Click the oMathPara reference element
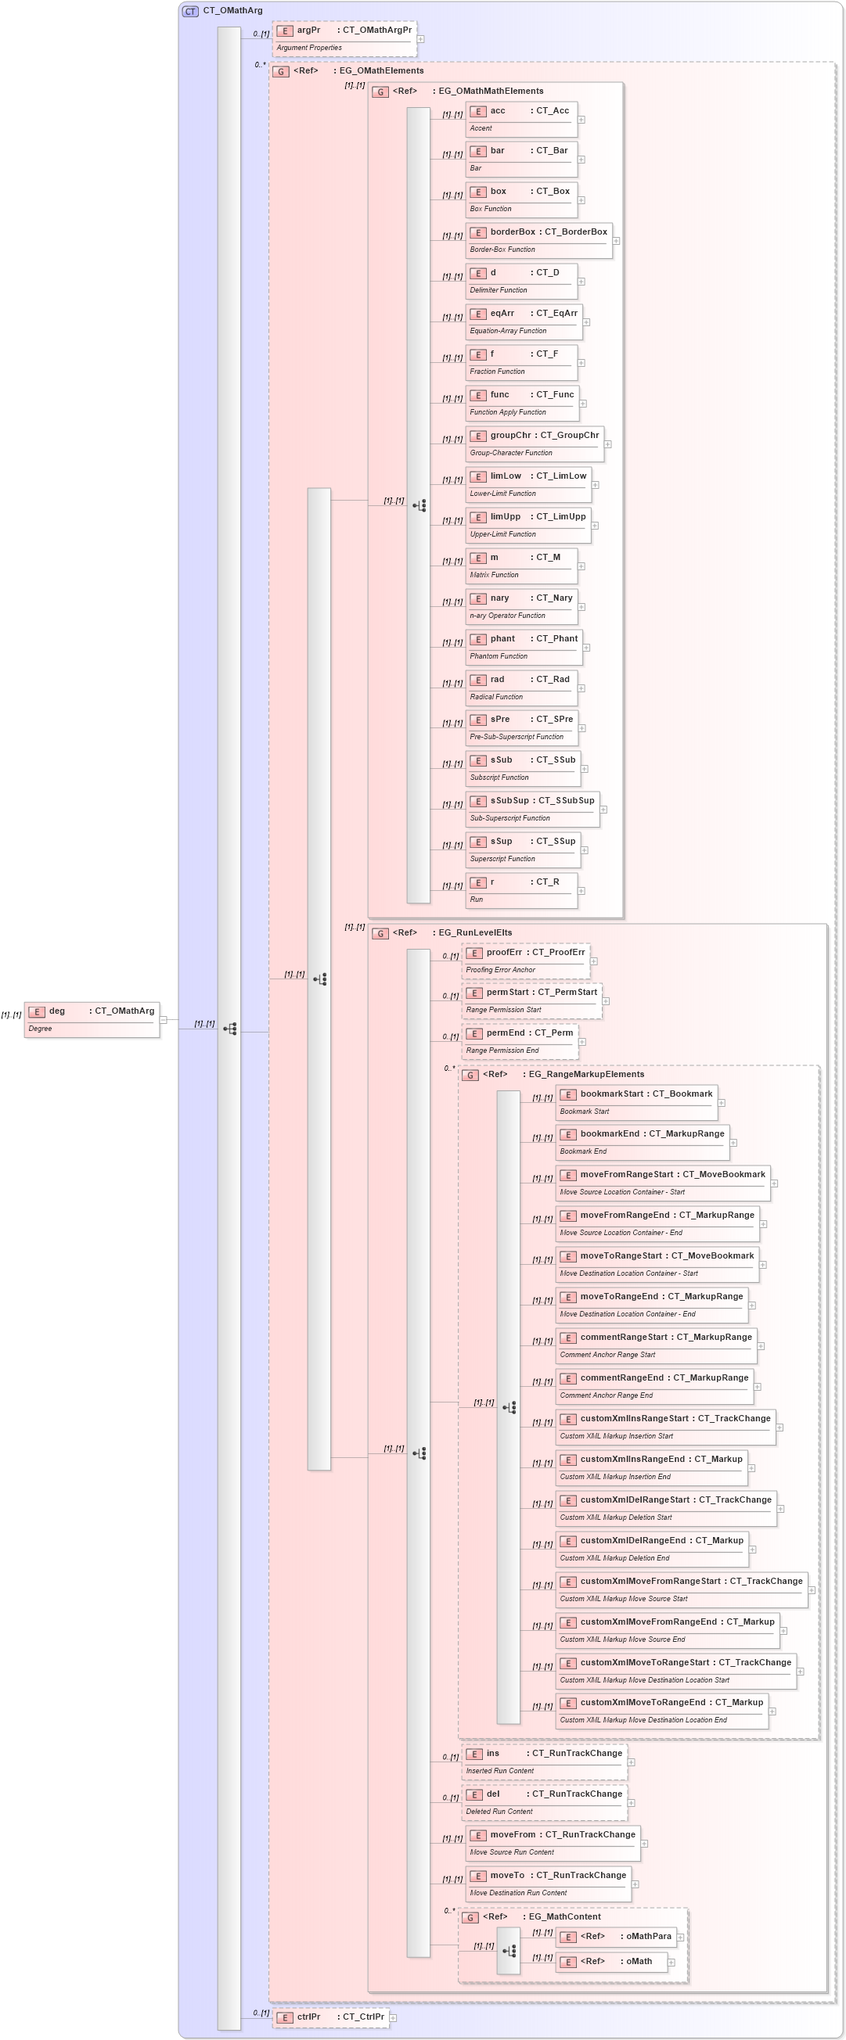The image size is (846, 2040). click(x=616, y=1937)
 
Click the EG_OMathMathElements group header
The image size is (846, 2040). click(x=491, y=92)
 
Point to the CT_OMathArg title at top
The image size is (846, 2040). click(x=232, y=11)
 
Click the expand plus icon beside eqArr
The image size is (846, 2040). click(x=586, y=322)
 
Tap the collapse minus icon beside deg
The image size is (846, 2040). click(x=164, y=1020)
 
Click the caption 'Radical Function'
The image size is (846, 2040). click(x=496, y=697)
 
